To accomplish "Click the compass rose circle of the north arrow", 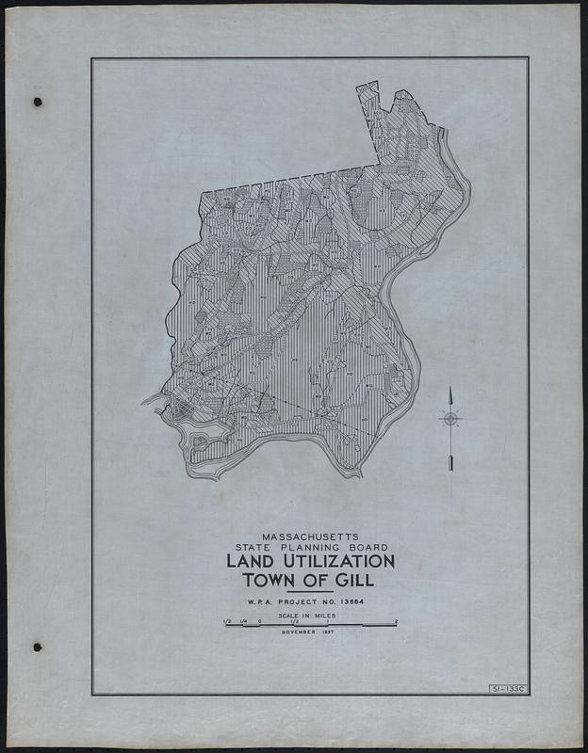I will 451,418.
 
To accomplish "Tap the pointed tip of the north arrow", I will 451,389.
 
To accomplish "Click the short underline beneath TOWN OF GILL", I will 309,591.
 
